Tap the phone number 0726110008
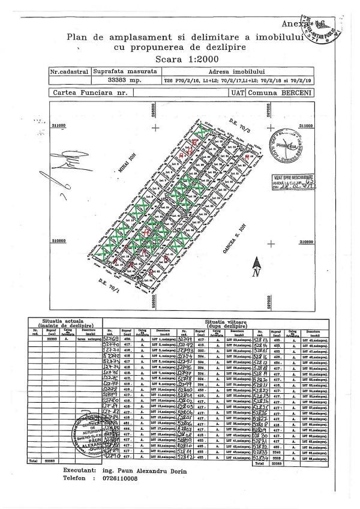coord(114,479)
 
